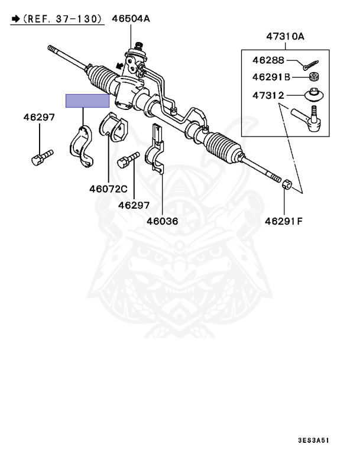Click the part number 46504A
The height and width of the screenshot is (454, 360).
[131, 19]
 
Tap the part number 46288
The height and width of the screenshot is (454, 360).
[268, 60]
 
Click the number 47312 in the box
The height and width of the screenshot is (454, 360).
[268, 95]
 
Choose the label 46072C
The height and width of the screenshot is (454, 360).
[108, 189]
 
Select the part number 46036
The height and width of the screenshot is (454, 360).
[162, 221]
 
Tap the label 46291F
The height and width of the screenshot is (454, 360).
[283, 222]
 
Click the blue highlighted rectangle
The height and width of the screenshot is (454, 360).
[87, 100]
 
